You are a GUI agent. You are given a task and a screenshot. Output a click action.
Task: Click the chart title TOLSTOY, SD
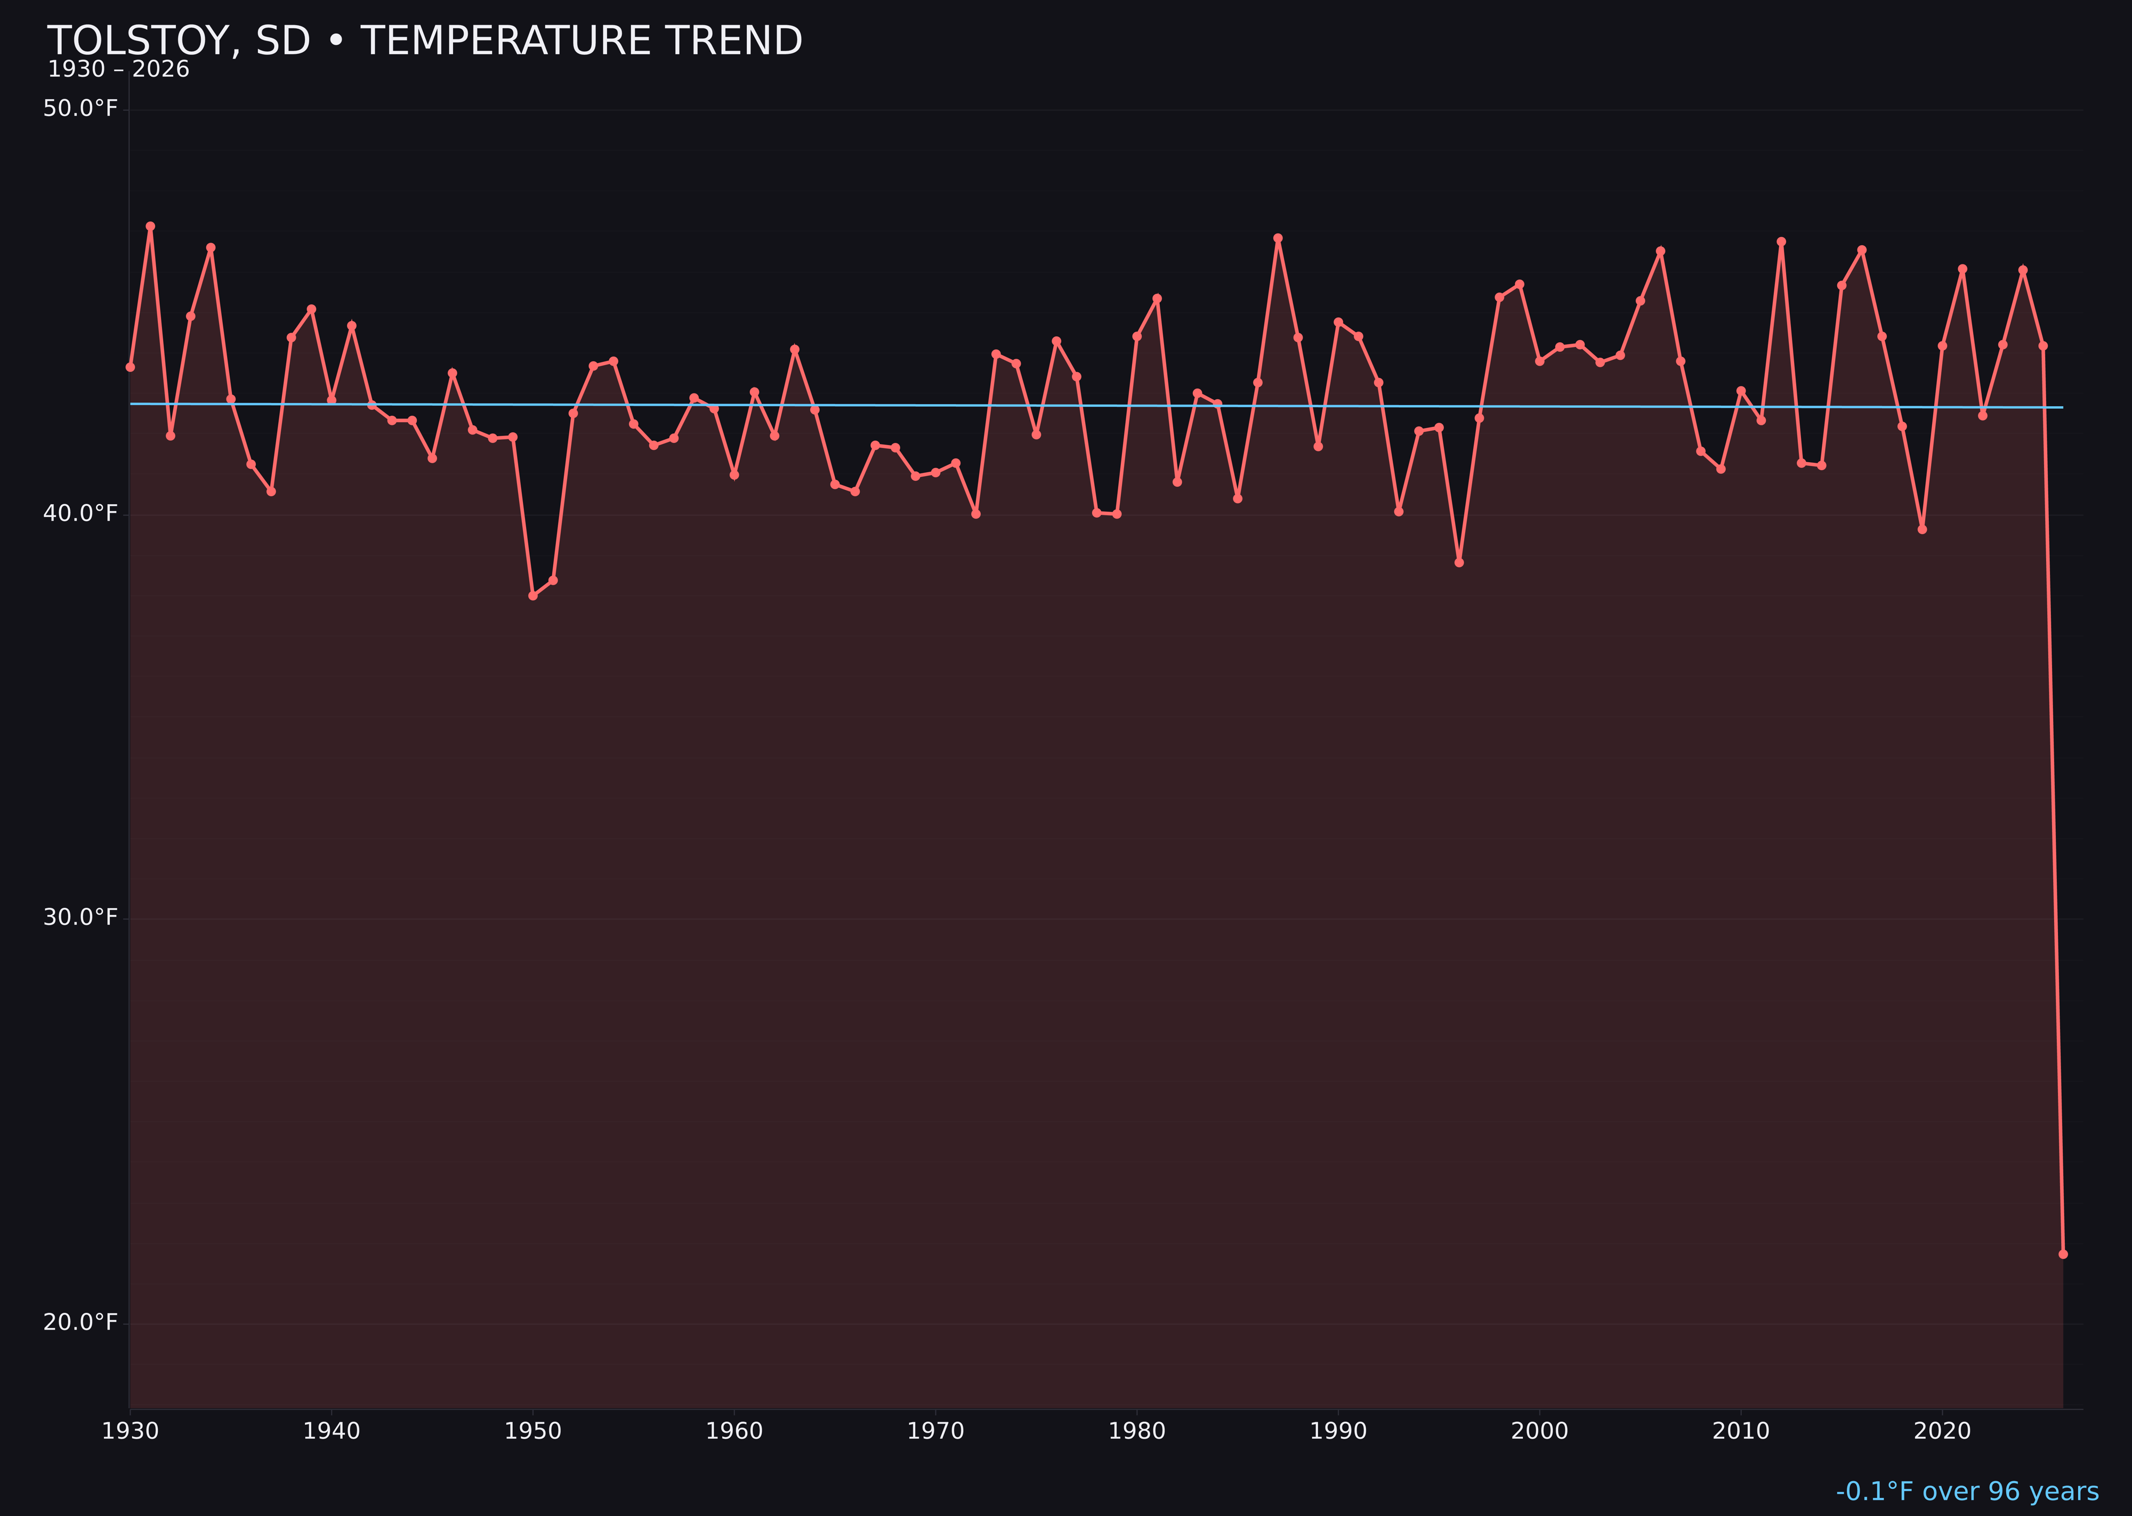point(425,41)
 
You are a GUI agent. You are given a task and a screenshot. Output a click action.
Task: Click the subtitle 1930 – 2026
point(118,70)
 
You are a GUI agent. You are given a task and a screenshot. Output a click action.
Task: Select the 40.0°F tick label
point(80,513)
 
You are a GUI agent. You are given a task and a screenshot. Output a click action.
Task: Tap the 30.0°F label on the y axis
point(80,917)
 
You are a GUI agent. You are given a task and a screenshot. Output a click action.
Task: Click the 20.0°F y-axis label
point(80,1323)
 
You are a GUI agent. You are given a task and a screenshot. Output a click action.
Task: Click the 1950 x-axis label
point(533,1431)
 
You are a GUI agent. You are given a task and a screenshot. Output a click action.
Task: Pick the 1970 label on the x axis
point(935,1431)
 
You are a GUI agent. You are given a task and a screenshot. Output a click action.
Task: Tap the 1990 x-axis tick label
point(1338,1431)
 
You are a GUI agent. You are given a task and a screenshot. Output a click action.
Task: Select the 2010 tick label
point(1741,1431)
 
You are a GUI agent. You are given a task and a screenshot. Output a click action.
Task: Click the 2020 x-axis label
point(1942,1431)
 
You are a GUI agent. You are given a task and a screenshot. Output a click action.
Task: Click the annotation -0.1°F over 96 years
point(1967,1491)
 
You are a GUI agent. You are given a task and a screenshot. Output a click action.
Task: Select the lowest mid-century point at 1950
point(533,595)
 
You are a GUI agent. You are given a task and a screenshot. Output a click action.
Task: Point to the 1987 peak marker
point(1278,239)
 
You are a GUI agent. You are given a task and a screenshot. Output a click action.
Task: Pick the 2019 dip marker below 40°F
point(1922,529)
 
